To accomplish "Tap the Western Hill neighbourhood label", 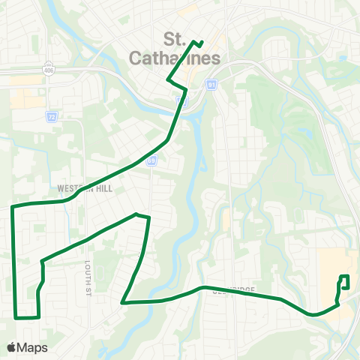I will click(83, 189).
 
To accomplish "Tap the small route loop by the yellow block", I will click(345, 282).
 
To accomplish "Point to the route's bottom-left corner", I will click(15, 317).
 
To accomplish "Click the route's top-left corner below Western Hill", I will click(13, 205).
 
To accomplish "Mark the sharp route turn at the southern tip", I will click(122, 303).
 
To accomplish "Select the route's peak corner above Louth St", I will click(136, 214).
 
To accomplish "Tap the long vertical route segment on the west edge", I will click(14, 262).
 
